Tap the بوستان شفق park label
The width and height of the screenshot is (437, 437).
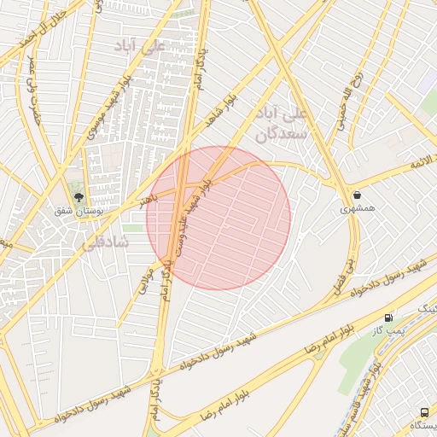[x=79, y=211]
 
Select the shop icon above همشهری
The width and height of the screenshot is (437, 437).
[x=356, y=195]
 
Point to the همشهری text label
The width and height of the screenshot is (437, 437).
[x=356, y=208]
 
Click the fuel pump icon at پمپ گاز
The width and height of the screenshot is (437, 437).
[x=389, y=317]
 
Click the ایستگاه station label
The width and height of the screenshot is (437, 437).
[x=423, y=425]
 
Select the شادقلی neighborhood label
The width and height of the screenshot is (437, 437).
[x=105, y=242]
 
